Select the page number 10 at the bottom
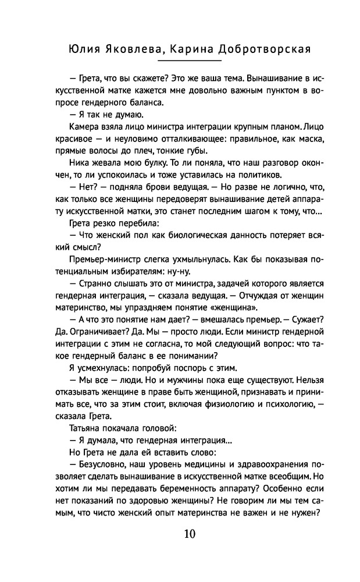click(x=190, y=534)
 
